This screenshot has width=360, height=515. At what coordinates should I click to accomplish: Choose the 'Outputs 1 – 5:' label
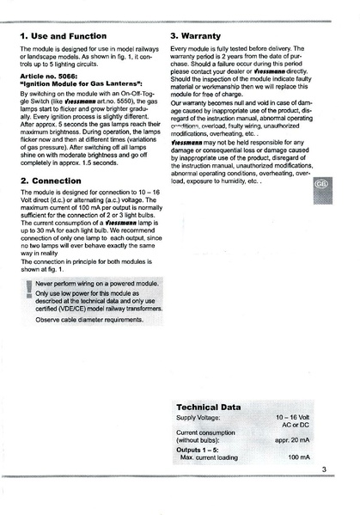pyautogui.click(x=200, y=449)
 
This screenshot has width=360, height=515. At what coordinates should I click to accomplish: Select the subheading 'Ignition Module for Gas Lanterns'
pyautogui.click(x=81, y=86)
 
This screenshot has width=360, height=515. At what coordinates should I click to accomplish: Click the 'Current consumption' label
pyautogui.click(x=206, y=432)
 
